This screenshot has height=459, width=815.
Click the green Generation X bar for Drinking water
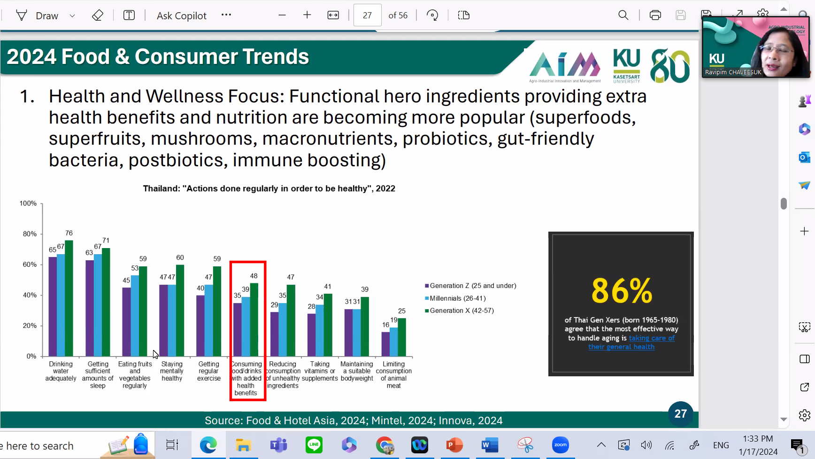(x=69, y=298)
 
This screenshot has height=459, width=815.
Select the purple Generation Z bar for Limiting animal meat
(x=385, y=344)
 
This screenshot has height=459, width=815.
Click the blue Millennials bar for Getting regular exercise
(x=208, y=320)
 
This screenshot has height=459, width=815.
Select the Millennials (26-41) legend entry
(x=455, y=298)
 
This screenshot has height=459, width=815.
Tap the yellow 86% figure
(x=622, y=291)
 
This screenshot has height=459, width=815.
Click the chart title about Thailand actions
(x=269, y=188)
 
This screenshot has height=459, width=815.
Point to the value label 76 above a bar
(x=69, y=233)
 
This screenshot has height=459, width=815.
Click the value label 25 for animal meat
(x=402, y=311)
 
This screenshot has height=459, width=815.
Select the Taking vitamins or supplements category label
(x=320, y=371)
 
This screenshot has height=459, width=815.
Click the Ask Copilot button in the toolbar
(x=182, y=16)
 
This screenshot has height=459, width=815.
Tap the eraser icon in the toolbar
(x=98, y=16)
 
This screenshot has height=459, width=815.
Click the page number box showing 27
(x=367, y=16)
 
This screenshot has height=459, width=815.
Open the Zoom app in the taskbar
(x=560, y=444)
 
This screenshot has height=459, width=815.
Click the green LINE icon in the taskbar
(x=314, y=444)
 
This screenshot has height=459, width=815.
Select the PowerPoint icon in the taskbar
(x=454, y=444)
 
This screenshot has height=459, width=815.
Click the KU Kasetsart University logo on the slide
(x=627, y=66)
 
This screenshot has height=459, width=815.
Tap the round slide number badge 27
(x=681, y=413)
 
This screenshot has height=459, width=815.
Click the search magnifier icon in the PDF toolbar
(x=623, y=15)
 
